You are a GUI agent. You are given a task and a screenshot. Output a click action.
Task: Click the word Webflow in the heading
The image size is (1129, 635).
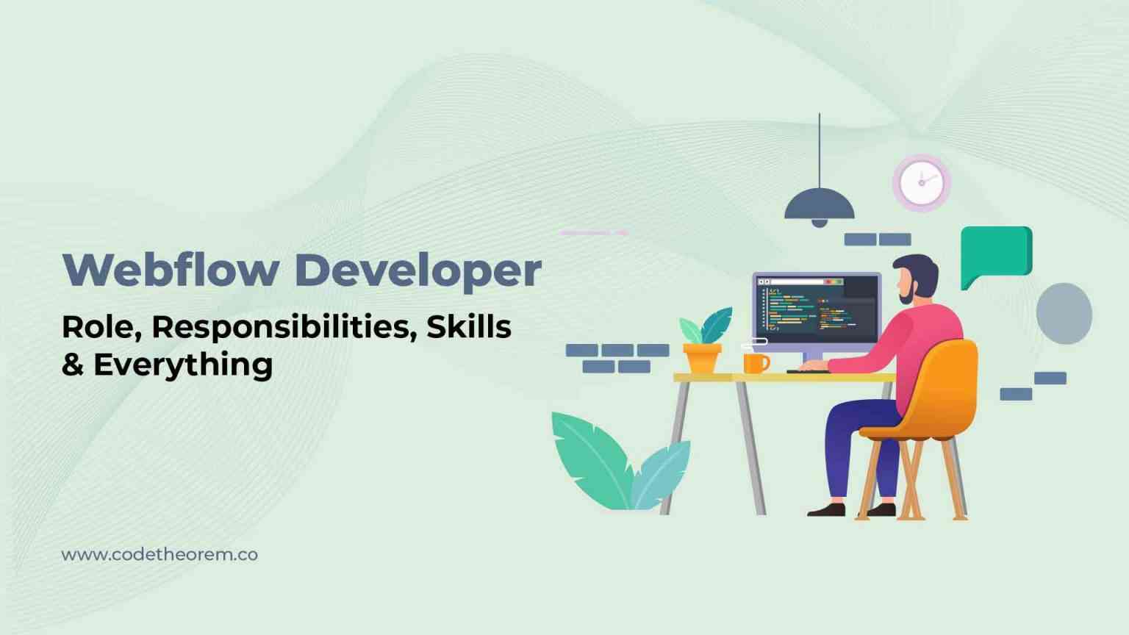(x=171, y=270)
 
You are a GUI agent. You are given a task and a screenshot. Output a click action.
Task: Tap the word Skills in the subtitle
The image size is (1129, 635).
(x=468, y=326)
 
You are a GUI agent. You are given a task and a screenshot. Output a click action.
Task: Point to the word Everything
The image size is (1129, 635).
(x=183, y=365)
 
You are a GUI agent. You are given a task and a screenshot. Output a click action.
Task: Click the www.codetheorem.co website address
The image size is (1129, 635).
(x=160, y=554)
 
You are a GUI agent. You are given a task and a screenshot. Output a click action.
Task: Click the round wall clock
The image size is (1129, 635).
(x=921, y=183)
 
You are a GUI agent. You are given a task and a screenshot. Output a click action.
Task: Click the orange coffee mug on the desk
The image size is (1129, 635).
(x=755, y=363)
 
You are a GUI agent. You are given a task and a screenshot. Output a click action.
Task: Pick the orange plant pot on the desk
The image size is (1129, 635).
(x=702, y=359)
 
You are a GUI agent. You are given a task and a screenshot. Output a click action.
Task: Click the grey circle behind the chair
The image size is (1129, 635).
(x=1064, y=314)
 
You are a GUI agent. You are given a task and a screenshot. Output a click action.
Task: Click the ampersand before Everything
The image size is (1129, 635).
(x=73, y=365)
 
